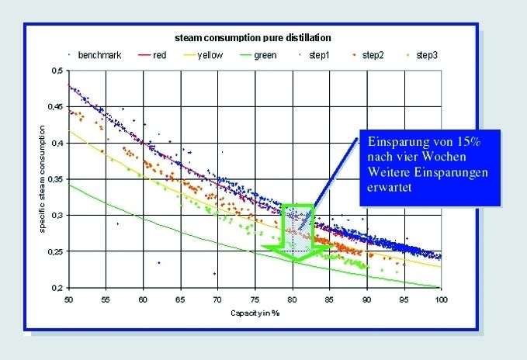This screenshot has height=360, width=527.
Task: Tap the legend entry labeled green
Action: [x=265, y=55]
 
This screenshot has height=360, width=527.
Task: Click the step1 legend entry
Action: [x=318, y=55]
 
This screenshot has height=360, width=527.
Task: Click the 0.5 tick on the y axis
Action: [x=57, y=71]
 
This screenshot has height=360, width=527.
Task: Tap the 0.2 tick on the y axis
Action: [x=57, y=288]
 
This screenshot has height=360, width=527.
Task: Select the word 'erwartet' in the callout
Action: [x=389, y=187]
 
